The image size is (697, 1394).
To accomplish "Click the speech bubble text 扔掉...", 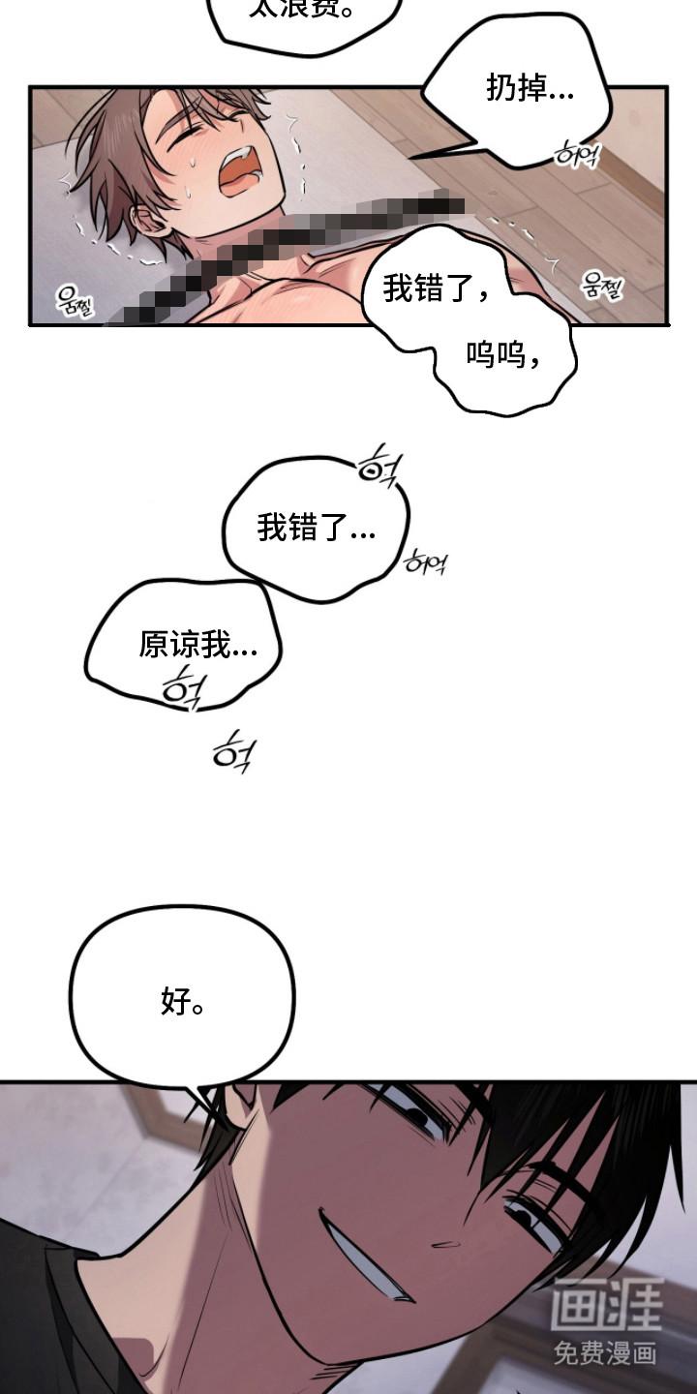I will (x=529, y=90).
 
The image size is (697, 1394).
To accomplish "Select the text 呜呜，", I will (x=504, y=355).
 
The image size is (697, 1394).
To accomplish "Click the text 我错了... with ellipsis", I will (x=316, y=529).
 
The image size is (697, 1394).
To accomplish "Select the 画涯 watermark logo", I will (x=607, y=1304).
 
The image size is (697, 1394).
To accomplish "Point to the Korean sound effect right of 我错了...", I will (x=424, y=561).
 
